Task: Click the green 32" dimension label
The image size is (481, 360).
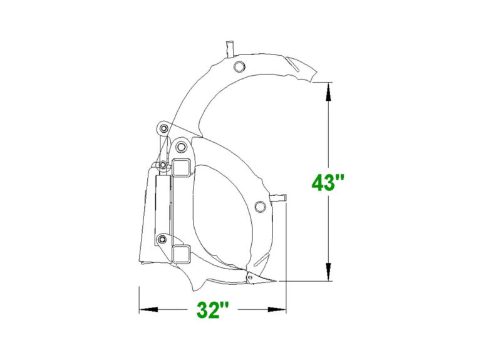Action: point(212,310)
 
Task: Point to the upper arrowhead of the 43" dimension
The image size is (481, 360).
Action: point(329,91)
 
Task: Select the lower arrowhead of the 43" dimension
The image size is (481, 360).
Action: point(329,272)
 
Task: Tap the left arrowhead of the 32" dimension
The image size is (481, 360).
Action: point(148,309)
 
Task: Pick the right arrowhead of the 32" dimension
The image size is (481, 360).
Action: point(277,309)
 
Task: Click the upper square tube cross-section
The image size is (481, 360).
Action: point(182,167)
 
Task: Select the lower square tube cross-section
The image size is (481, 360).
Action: point(181,254)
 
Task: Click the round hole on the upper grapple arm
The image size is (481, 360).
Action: point(239,66)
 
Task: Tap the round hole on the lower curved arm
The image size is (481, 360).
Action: point(260,207)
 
